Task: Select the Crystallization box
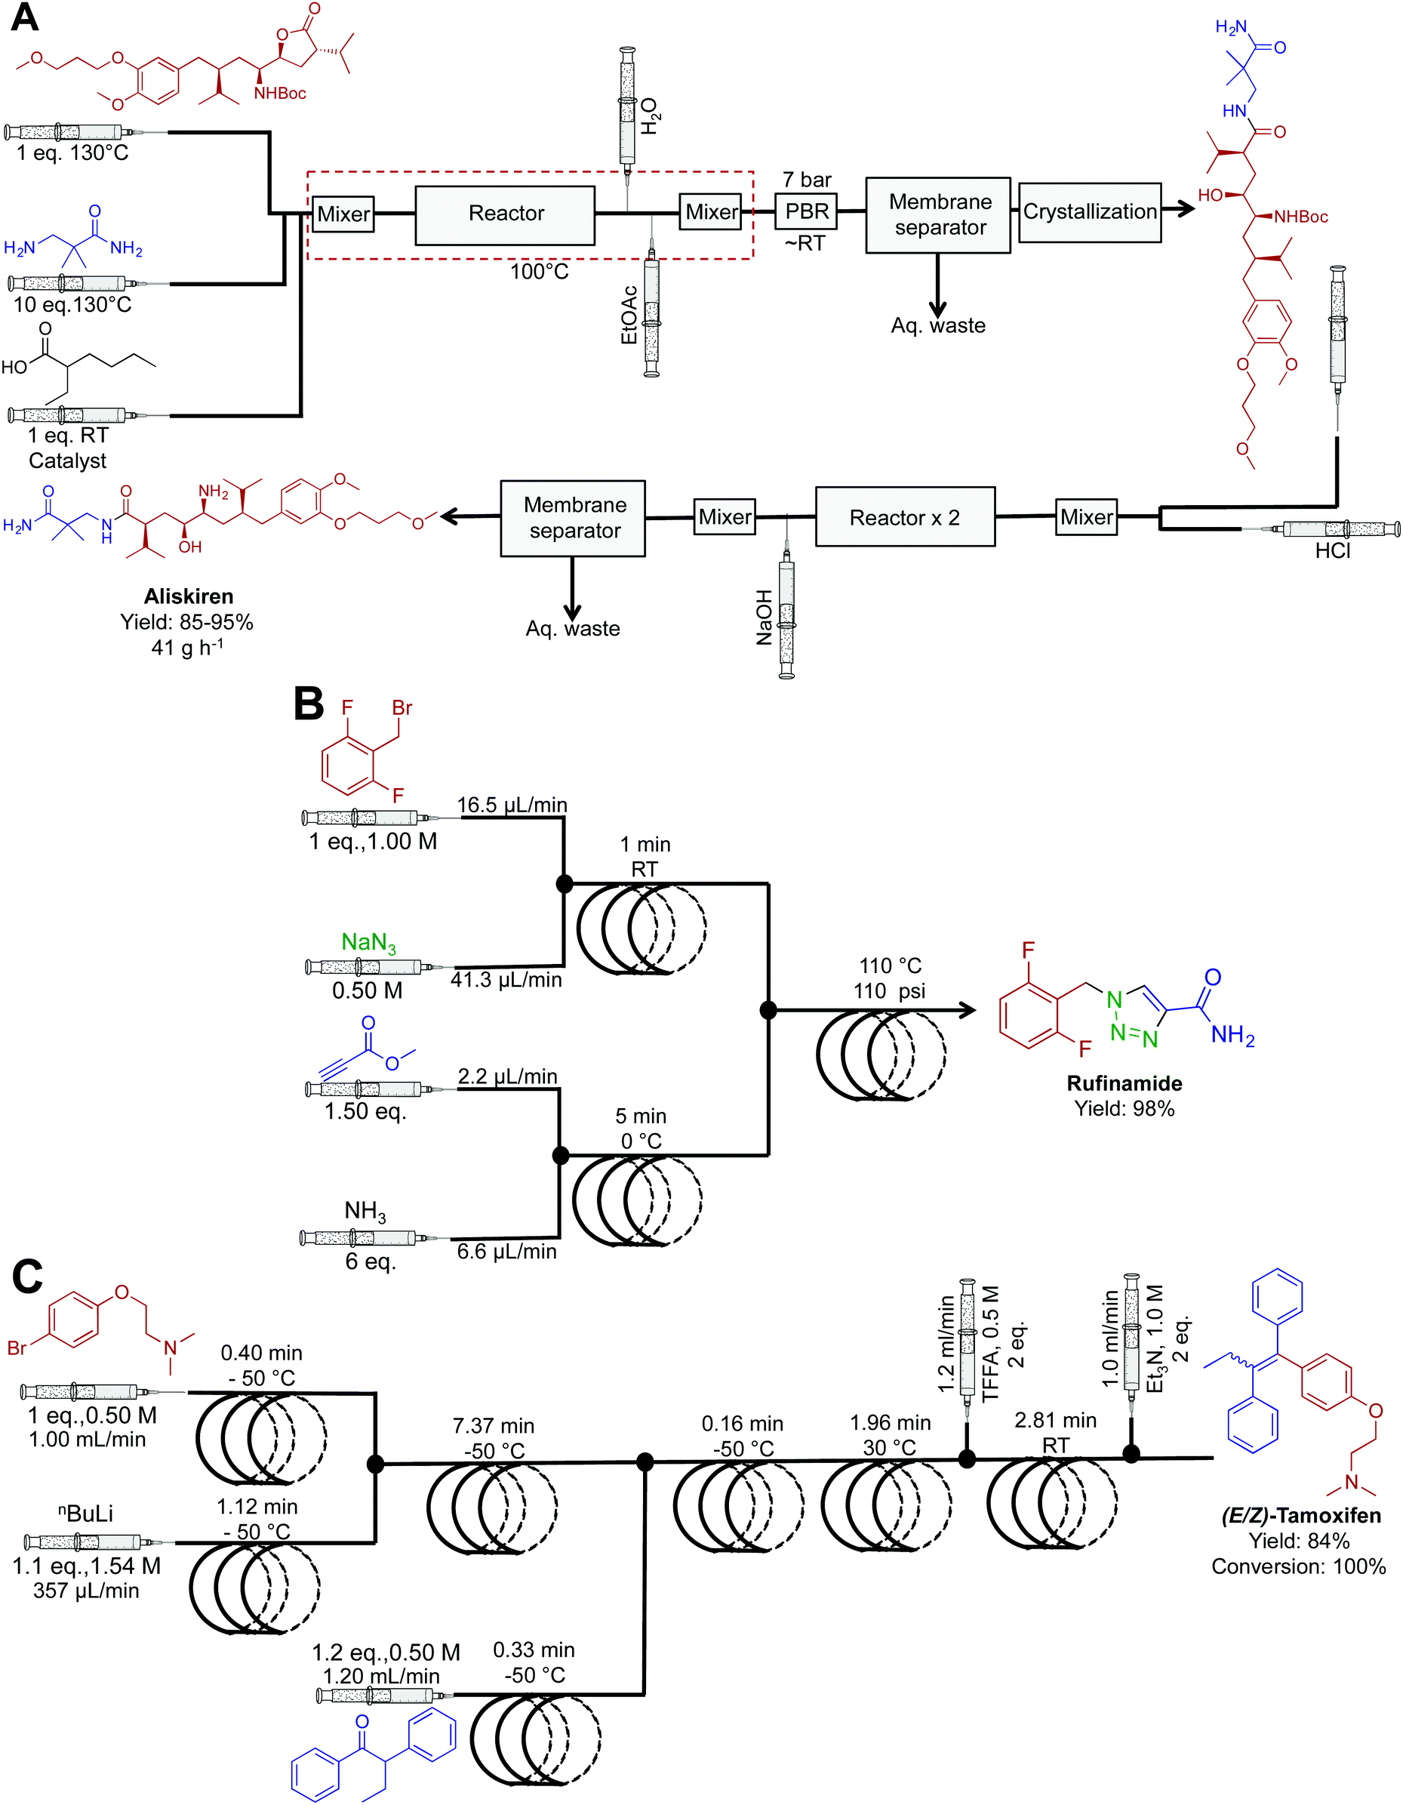(1089, 212)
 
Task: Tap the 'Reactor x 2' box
(904, 517)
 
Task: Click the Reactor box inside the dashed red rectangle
(505, 214)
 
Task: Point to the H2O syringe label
(651, 116)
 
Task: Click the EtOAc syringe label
(629, 315)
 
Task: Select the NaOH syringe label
(765, 618)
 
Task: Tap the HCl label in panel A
(1332, 551)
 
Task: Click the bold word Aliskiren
(189, 596)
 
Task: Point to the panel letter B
(308, 705)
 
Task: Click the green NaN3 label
(368, 942)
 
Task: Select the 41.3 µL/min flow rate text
(506, 980)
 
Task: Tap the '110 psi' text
(889, 991)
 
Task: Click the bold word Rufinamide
(1124, 1083)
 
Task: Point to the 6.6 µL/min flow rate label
(506, 1251)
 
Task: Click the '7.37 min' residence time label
(494, 1425)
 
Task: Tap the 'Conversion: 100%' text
(1298, 1566)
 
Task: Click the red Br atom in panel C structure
(17, 1348)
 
